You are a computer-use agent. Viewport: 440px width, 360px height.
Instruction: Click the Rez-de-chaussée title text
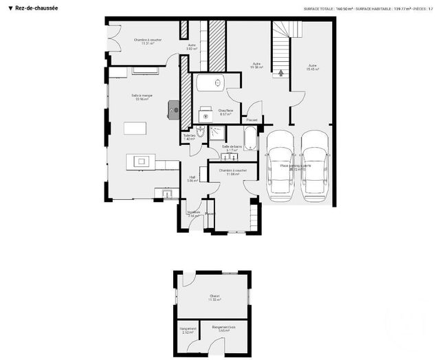[x=36, y=8]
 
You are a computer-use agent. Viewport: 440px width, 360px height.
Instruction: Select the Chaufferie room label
[x=226, y=111]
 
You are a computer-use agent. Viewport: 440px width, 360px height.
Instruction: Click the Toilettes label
[x=190, y=136]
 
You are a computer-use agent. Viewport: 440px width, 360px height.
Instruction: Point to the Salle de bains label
[x=232, y=147]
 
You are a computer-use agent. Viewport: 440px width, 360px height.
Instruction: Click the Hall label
[x=192, y=179]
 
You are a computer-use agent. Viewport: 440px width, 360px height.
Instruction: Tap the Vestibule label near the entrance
[x=193, y=213]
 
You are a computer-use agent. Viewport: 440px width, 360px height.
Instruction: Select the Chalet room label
[x=214, y=297]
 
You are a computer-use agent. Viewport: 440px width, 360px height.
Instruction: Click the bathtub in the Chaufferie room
[x=208, y=84]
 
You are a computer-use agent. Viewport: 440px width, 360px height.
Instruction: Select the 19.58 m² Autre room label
[x=257, y=66]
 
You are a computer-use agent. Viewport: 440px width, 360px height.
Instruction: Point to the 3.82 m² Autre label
[x=192, y=47]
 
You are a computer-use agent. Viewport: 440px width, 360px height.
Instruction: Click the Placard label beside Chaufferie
[x=252, y=120]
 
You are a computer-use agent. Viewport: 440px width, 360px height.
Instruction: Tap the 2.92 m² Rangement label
[x=188, y=330]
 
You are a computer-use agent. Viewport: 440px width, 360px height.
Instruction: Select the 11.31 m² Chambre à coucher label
[x=145, y=42]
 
